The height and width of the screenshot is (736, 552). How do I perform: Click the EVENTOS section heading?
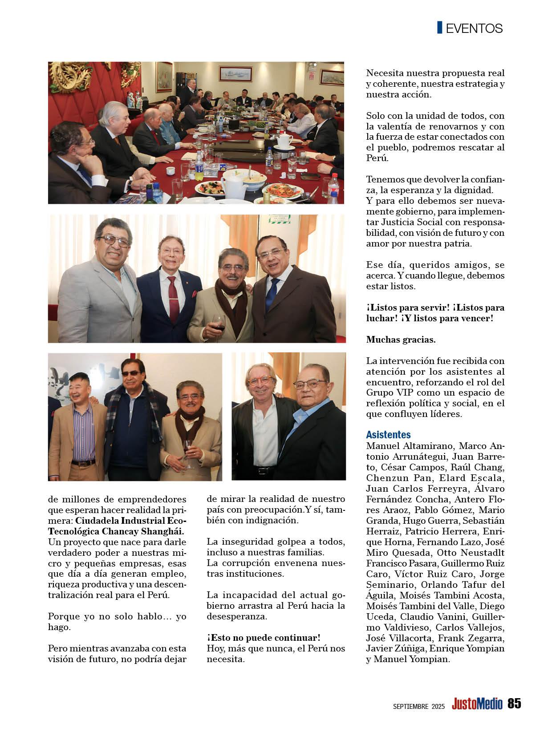pos(474,28)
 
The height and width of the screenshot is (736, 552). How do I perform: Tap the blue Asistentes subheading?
pos(388,434)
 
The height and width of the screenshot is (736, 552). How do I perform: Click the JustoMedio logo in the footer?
pos(477,704)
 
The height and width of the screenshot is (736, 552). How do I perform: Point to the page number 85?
pos(514,704)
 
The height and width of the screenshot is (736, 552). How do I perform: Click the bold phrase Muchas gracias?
pos(401,340)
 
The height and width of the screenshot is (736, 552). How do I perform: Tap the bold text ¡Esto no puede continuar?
pos(264,638)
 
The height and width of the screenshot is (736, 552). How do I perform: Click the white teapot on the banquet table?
pos(283,140)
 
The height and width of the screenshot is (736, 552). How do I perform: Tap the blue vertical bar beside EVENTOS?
pos(440,28)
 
